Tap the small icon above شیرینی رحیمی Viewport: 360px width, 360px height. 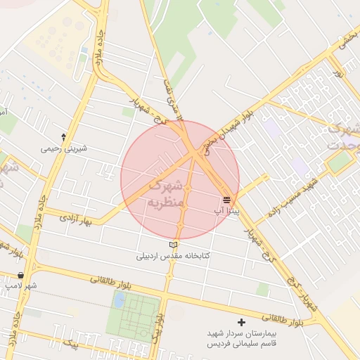[x=64, y=137]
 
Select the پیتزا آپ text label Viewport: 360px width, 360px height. [x=226, y=210]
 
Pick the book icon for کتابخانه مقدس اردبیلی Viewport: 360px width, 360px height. [x=173, y=245]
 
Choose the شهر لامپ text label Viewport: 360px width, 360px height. [x=20, y=285]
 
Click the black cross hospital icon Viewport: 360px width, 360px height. [x=242, y=321]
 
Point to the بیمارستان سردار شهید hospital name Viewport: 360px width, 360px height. [x=242, y=333]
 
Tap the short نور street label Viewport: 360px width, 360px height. [x=337, y=72]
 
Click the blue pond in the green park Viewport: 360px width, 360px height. [x=119, y=300]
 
